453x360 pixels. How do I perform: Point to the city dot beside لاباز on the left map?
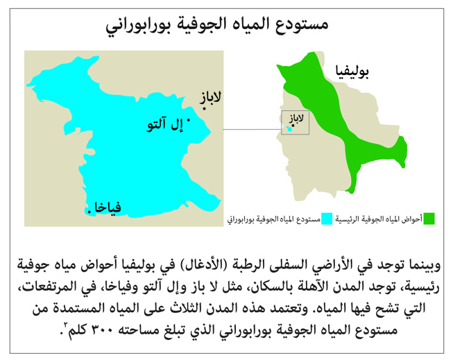(206, 119)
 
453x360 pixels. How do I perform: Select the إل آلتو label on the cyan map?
(164, 127)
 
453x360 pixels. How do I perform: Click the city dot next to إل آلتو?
(189, 120)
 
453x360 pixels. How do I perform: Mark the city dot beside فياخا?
(89, 209)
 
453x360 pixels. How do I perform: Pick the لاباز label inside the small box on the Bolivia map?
(297, 119)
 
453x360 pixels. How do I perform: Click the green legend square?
(429, 219)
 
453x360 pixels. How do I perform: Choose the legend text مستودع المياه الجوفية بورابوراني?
(272, 220)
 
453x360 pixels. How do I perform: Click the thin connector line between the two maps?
(251, 129)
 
